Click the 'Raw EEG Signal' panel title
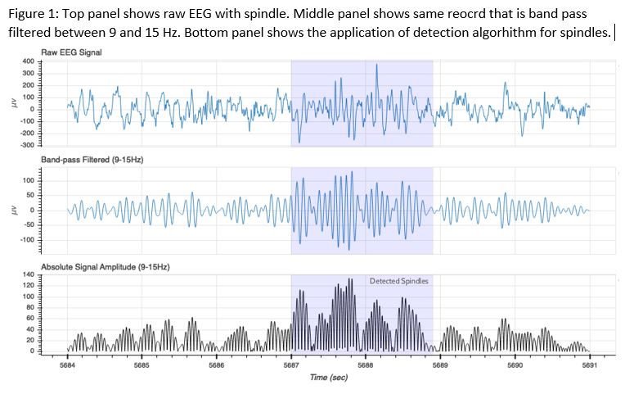[78, 52]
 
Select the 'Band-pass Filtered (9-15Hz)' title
[92, 159]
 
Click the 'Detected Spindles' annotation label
[398, 281]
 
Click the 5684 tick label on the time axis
[66, 365]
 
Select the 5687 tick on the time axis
[291, 365]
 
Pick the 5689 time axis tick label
[440, 365]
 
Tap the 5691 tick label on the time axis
[589, 365]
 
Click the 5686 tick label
[216, 365]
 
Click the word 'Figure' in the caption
[25, 16]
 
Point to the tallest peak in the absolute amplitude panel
[350, 280]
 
